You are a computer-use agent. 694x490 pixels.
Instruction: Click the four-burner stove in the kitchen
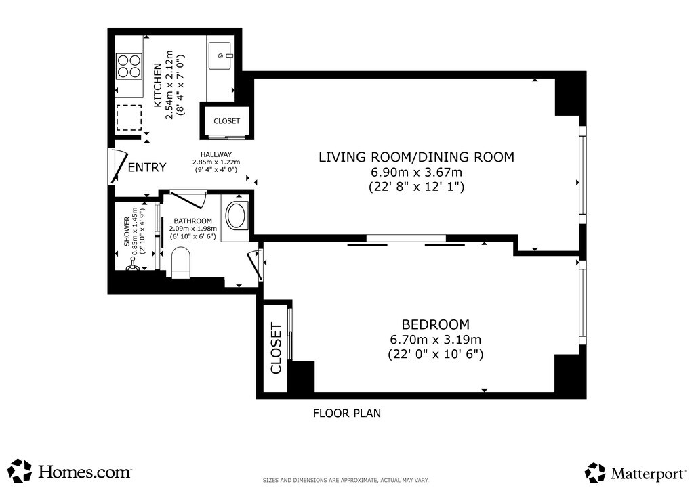(x=129, y=66)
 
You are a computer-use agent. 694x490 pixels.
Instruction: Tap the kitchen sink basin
(x=220, y=56)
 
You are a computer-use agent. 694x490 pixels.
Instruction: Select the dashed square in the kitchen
(x=129, y=118)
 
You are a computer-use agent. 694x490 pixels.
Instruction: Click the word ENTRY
(x=147, y=167)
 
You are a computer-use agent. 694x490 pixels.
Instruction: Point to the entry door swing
(x=118, y=166)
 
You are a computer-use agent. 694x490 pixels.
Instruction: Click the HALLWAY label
(x=216, y=154)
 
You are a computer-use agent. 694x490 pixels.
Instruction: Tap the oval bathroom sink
(x=237, y=216)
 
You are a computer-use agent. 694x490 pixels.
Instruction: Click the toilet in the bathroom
(x=180, y=263)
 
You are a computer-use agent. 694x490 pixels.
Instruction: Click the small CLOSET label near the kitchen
(x=226, y=121)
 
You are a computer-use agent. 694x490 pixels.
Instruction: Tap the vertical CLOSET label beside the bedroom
(x=276, y=349)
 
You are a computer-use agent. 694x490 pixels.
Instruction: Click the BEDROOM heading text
(x=436, y=324)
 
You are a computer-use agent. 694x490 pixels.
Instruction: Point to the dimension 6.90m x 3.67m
(x=417, y=172)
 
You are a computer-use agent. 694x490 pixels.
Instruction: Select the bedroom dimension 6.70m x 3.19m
(x=436, y=340)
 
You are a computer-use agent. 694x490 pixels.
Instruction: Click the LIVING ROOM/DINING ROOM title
(x=417, y=157)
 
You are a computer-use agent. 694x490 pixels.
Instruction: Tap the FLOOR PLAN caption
(x=347, y=414)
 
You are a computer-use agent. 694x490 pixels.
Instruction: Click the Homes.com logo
(x=70, y=471)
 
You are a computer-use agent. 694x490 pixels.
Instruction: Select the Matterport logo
(x=636, y=473)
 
